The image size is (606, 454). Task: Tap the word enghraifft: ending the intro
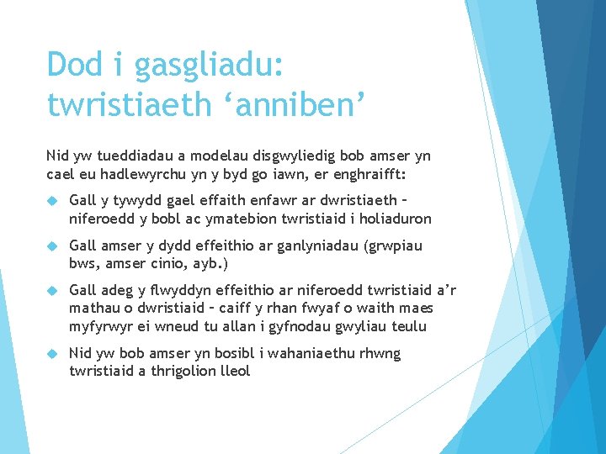point(375,175)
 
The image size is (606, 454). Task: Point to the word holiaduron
point(396,219)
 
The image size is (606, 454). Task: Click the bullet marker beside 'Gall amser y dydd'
point(52,245)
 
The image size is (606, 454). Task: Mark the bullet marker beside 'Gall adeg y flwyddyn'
point(52,291)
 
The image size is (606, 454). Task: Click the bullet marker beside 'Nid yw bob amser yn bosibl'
point(52,353)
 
